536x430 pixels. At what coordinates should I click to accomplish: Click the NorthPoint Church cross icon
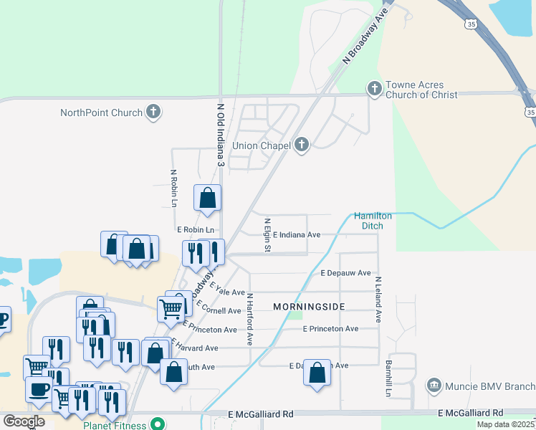click(153, 112)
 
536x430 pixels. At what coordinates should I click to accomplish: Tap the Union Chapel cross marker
click(302, 145)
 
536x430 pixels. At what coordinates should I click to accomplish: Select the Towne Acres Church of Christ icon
click(373, 89)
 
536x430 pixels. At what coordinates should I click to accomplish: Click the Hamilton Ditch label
click(373, 221)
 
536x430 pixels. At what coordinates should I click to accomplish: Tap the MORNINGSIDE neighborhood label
click(309, 307)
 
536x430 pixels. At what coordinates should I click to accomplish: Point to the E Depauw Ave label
click(345, 273)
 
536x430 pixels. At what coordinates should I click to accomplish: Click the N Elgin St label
click(267, 235)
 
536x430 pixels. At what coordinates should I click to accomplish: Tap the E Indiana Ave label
click(296, 234)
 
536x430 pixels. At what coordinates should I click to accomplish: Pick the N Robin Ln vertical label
click(173, 188)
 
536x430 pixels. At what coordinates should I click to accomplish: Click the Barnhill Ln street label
click(386, 379)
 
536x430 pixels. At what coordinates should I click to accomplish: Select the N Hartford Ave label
click(250, 319)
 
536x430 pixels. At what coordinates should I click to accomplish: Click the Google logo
click(24, 421)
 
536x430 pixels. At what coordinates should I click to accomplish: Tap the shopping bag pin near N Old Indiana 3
click(207, 199)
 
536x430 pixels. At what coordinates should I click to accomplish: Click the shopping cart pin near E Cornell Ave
click(171, 309)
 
